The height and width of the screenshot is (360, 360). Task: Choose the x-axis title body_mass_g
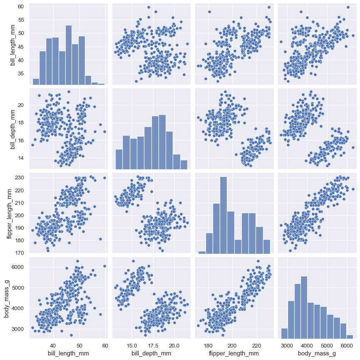[x=317, y=353]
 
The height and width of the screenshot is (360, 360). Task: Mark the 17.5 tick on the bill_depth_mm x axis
[x=153, y=345]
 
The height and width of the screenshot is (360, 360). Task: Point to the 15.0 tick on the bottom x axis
[x=132, y=345]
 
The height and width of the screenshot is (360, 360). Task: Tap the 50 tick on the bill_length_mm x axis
[x=79, y=345]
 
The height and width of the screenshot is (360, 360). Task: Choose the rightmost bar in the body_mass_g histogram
[x=350, y=336]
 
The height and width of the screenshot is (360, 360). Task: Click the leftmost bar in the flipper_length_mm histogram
[x=202, y=252]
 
